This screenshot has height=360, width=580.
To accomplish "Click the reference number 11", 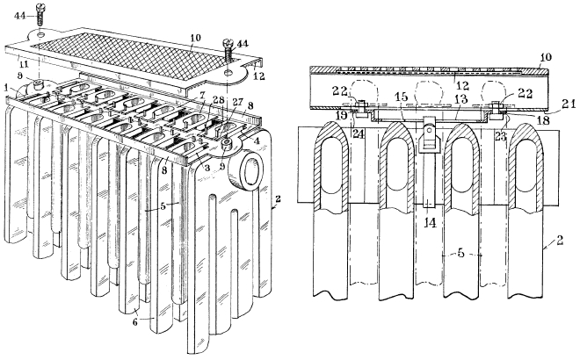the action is tap(24, 65).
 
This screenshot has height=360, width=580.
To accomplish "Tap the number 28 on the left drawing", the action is tap(219, 101).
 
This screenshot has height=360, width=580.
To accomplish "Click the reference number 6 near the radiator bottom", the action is tap(135, 322).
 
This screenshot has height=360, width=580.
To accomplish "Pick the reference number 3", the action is tap(208, 169).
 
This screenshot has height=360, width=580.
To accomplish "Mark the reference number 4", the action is tap(257, 140).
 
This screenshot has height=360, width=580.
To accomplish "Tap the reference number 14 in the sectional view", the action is tap(431, 223).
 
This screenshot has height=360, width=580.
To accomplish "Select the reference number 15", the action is tap(402, 97).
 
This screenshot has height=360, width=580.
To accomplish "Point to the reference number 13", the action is tap(461, 99).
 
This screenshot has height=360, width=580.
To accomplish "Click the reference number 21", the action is tap(569, 105).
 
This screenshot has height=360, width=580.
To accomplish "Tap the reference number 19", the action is tap(342, 115).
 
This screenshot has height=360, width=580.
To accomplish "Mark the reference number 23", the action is tap(500, 136).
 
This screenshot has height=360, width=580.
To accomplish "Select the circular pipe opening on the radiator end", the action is tap(252, 170).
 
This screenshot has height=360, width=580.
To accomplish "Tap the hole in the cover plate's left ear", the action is tap(40, 35).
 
